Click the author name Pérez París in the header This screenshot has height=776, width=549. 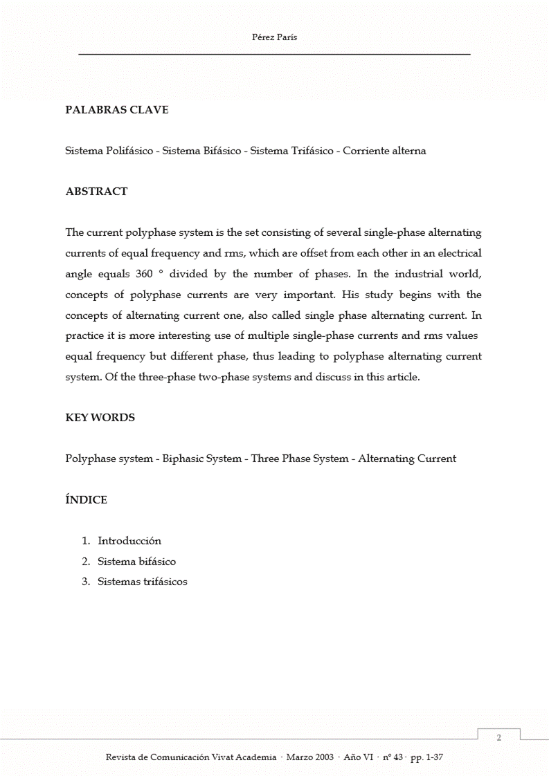click(274, 38)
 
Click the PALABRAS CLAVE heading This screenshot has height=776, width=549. click(116, 110)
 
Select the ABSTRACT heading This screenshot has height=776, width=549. click(96, 192)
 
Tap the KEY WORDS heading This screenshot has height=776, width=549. click(100, 418)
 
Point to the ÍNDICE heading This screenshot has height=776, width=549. click(86, 500)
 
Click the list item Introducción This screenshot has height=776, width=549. click(129, 541)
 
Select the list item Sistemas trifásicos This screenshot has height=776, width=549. click(142, 582)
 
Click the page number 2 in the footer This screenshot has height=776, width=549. click(499, 739)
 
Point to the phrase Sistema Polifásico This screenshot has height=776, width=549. click(109, 151)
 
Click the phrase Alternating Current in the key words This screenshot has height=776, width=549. click(407, 459)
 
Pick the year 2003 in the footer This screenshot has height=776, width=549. click(323, 758)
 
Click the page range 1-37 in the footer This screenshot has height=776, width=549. click(435, 758)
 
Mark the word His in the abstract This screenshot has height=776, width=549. click(350, 295)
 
